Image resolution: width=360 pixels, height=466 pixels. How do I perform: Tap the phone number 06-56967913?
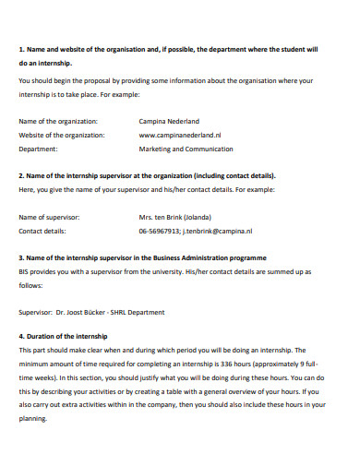(x=159, y=232)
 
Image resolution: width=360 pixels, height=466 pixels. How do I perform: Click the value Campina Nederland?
(x=170, y=121)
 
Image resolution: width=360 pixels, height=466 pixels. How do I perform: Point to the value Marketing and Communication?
(x=186, y=149)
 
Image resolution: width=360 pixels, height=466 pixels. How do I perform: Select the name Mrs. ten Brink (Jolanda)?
(x=176, y=218)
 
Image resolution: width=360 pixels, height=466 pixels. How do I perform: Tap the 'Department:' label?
(x=38, y=149)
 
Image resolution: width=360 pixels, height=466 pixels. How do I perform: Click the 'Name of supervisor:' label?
(x=49, y=218)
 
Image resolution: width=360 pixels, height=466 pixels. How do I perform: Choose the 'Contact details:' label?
(x=42, y=232)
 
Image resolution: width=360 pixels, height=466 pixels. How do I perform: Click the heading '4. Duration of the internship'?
(x=63, y=337)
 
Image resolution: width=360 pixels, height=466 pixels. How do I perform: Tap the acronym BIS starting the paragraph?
(x=24, y=272)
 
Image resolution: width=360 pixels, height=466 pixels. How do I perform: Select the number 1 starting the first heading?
(x=20, y=50)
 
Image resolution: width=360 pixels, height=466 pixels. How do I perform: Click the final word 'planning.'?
(x=32, y=420)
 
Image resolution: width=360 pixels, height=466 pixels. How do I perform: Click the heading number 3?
(x=21, y=258)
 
